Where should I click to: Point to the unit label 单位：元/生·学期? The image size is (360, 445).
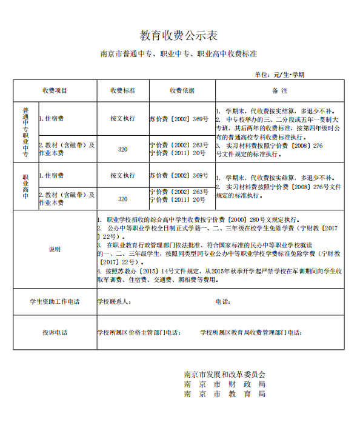point(279,75)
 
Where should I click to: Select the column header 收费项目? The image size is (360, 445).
point(55,91)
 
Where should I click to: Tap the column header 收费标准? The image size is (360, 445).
point(122,91)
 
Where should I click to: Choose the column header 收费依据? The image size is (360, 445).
point(181,91)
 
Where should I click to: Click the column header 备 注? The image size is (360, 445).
point(279,91)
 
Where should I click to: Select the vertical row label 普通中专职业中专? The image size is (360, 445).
point(25,132)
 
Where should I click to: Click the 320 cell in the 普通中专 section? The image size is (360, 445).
point(122,149)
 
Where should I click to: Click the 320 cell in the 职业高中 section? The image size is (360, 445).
point(122,199)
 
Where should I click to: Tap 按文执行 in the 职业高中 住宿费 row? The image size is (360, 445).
point(122,176)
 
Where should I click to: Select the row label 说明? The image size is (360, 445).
point(55,249)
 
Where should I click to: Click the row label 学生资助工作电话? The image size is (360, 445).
point(55,301)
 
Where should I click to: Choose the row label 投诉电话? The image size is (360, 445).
point(55,332)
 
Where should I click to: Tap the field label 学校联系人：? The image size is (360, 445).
point(114,301)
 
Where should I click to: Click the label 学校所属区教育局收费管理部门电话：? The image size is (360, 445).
point(251,332)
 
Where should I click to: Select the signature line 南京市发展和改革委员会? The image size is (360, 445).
point(224,374)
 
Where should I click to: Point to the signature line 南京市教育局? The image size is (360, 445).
point(224,393)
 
